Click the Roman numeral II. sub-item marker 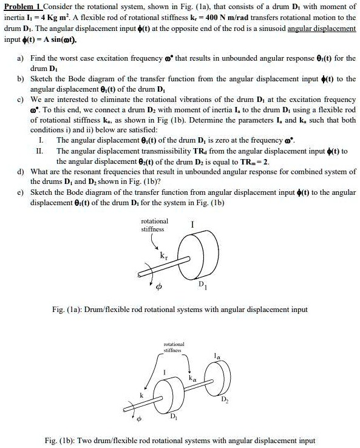[x=40, y=150]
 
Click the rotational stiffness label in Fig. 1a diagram [x=155, y=225]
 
